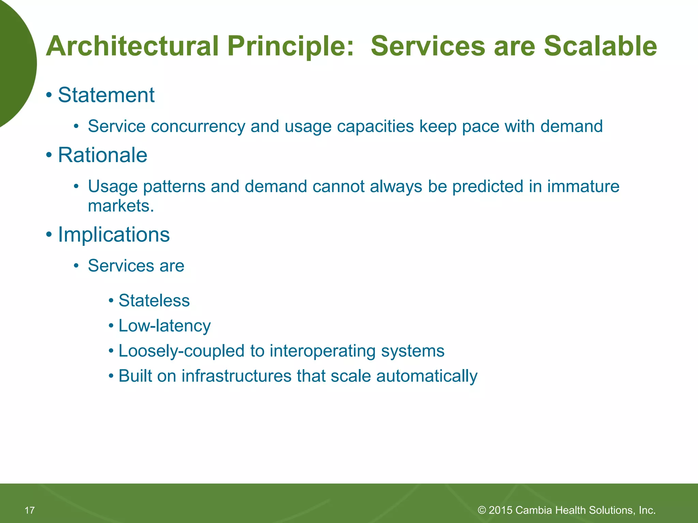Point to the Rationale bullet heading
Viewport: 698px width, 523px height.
(102, 155)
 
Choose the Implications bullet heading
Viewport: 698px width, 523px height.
(113, 235)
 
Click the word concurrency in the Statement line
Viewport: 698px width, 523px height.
(198, 127)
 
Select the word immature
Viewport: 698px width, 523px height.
(583, 187)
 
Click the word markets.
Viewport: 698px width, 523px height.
(121, 206)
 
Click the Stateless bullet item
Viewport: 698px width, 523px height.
(154, 301)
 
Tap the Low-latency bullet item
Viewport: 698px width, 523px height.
(164, 326)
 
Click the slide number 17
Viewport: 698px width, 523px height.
(30, 510)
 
